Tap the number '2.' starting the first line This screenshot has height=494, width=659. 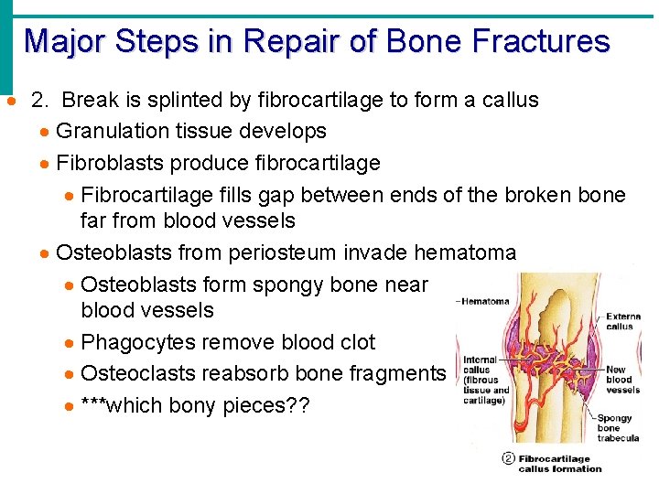pyautogui.click(x=40, y=100)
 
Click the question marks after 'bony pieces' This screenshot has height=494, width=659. pyautogui.click(x=298, y=404)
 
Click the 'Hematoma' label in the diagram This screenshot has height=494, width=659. pyautogui.click(x=486, y=301)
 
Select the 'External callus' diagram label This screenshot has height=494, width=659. pyautogui.click(x=622, y=320)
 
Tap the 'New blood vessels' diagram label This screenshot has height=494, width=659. pyautogui.click(x=622, y=379)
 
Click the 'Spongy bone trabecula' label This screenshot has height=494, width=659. pyautogui.click(x=618, y=428)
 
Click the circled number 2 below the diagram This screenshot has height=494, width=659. pyautogui.click(x=508, y=459)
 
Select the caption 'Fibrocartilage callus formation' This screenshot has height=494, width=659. pyautogui.click(x=559, y=464)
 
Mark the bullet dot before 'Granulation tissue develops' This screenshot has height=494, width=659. pyautogui.click(x=44, y=133)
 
